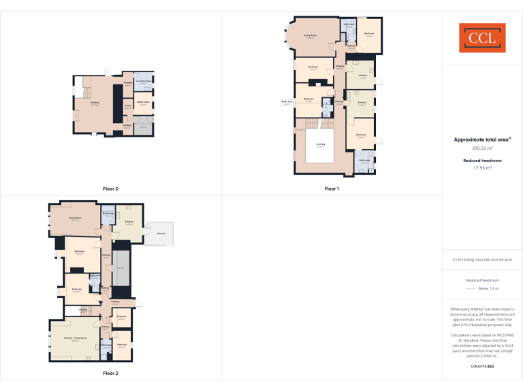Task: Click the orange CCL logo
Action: pos(482,38)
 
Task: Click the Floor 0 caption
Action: pos(110,189)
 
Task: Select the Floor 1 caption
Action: pos(332,189)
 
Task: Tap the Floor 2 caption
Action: pos(110,373)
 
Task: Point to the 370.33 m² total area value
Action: pos(482,148)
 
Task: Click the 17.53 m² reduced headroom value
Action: pos(482,167)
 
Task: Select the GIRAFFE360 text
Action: pos(482,367)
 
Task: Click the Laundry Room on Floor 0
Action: pos(143,82)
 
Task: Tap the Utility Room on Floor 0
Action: pos(143,103)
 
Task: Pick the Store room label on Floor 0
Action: pos(127,106)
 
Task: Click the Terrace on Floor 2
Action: pos(161,233)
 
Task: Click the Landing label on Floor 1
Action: pos(320,145)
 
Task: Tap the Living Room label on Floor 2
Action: pos(75,218)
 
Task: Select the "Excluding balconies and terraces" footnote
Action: pos(482,259)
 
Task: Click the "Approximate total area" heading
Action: pos(482,140)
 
